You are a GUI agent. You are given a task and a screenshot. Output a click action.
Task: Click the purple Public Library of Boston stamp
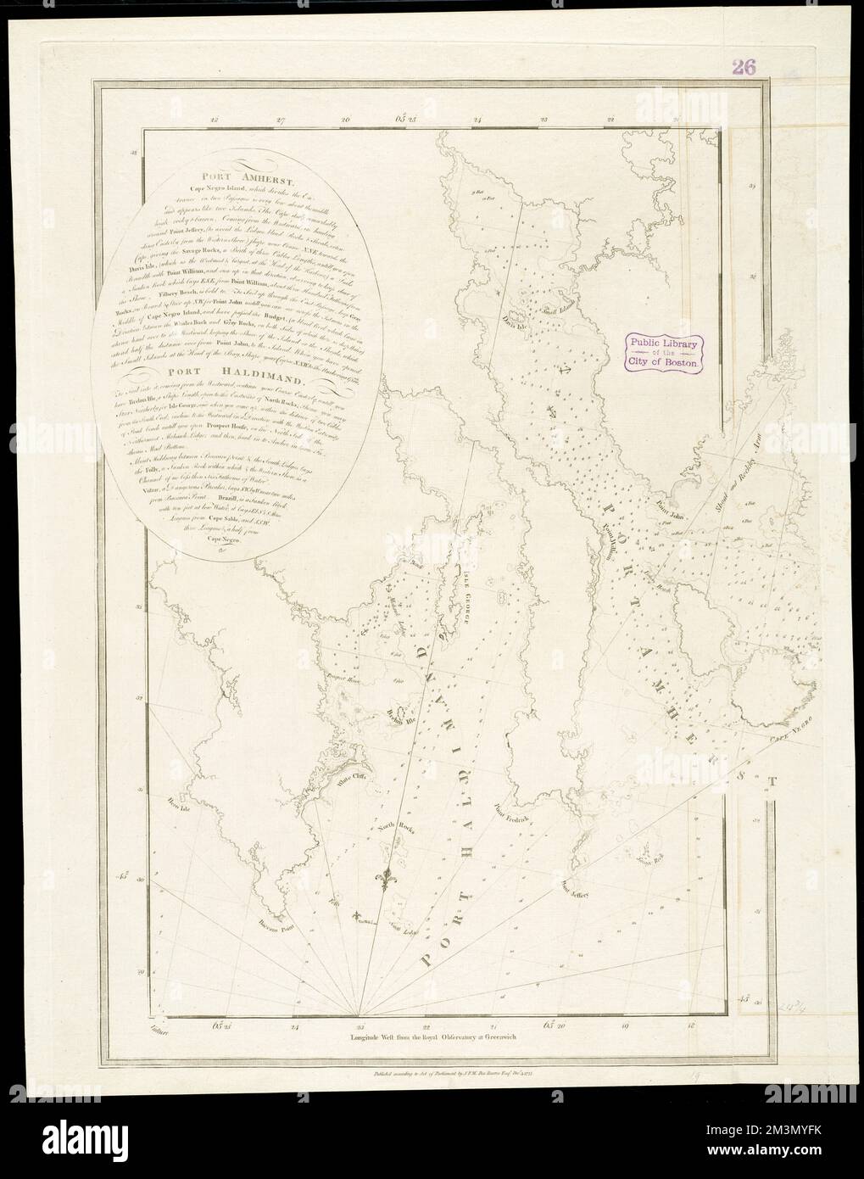(x=665, y=350)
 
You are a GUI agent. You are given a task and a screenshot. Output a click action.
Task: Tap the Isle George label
(x=465, y=590)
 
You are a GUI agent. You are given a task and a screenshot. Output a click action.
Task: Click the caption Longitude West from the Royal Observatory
(x=438, y=1036)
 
